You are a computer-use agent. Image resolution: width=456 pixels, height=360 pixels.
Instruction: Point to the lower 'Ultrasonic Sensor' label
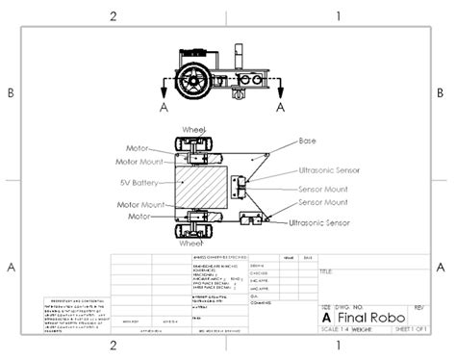click(319, 223)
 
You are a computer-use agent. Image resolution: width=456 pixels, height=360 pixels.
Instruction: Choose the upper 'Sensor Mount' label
click(323, 189)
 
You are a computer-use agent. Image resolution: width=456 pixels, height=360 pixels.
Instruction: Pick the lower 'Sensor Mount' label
click(323, 202)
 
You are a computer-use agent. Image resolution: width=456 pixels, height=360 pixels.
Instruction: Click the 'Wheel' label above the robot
click(194, 129)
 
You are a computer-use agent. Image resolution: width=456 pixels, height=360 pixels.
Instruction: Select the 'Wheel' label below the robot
click(190, 231)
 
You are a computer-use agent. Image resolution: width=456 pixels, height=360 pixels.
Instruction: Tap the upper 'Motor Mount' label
click(137, 162)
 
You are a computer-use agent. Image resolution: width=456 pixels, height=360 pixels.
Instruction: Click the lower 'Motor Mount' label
click(137, 204)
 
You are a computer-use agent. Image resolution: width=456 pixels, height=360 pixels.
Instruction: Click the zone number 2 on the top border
click(114, 15)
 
